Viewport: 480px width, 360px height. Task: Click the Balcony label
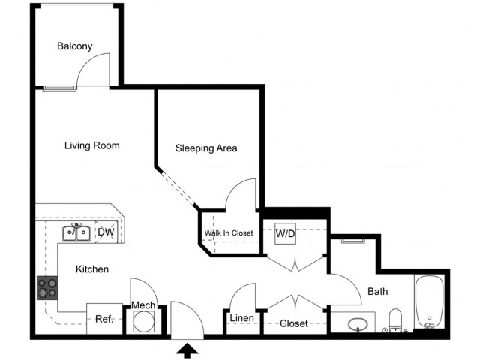[74, 46]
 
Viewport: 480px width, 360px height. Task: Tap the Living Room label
[91, 145]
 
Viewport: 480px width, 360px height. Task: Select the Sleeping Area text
[206, 148]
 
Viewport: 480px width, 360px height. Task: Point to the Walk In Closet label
[229, 233]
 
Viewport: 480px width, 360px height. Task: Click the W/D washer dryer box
[285, 233]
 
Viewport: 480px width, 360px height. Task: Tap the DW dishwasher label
[106, 232]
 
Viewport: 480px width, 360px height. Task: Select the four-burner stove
[47, 286]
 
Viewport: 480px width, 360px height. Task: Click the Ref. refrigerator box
[103, 319]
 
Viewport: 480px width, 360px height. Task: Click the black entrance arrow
[186, 349]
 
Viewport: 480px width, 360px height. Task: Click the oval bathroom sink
[358, 324]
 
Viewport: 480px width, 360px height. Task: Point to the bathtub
[430, 304]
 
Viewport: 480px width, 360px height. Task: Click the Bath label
[377, 291]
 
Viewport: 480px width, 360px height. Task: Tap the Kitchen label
[92, 268]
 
